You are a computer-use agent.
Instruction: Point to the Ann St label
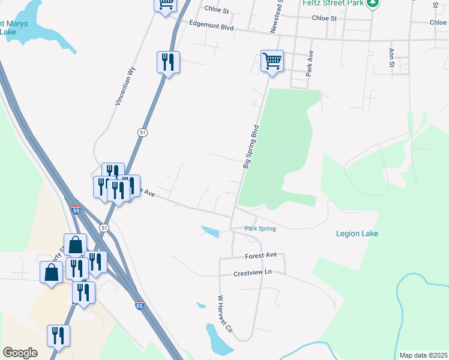coord(391,58)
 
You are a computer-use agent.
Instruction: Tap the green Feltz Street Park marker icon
coord(373,2)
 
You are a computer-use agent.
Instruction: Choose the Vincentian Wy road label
coord(124,86)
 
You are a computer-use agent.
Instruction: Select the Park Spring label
coord(261,229)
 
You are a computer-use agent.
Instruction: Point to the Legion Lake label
coord(357,233)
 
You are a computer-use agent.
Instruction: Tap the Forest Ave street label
coord(261,256)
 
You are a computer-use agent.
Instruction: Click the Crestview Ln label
coord(253,273)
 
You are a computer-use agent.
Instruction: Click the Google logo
coord(20,353)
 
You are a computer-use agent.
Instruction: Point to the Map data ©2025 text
coord(423,355)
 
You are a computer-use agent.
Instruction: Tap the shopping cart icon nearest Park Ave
coord(272,61)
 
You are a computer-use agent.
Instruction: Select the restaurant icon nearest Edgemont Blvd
coord(168,62)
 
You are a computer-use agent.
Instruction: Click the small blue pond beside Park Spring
coord(211,231)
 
